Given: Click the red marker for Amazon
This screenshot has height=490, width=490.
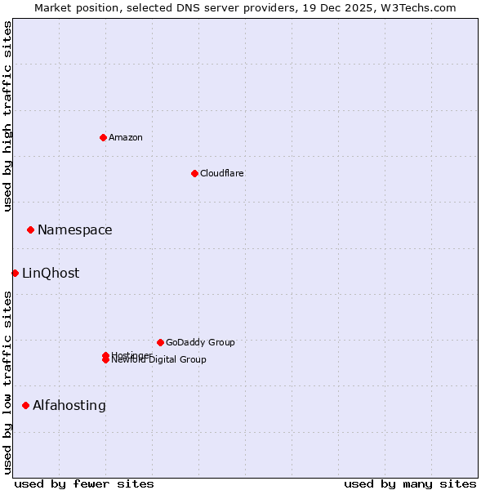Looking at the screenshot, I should (103, 137).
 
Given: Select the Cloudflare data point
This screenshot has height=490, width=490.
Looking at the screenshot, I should (194, 173).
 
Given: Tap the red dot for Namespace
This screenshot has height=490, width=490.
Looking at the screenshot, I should (30, 229).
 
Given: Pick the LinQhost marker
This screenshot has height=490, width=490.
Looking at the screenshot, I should (15, 273).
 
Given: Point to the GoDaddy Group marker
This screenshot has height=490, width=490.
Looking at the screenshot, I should (160, 342).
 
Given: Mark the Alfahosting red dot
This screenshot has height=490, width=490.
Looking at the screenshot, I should (25, 405).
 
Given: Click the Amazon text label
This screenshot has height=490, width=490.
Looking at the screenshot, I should (126, 137).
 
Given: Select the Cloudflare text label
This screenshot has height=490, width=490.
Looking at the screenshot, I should (221, 173).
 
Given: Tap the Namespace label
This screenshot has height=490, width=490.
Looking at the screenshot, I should (75, 230).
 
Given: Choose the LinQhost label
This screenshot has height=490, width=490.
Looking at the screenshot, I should (51, 274).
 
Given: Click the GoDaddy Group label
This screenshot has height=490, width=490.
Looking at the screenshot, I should (200, 342).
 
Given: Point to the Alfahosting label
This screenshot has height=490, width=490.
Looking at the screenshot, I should (69, 406).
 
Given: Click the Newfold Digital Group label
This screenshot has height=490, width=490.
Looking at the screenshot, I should (160, 360).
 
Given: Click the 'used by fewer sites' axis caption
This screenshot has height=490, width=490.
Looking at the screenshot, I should (84, 483).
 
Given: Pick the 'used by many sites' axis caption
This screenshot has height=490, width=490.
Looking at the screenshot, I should (410, 483).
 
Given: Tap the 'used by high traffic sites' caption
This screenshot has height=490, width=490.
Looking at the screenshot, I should (7, 116).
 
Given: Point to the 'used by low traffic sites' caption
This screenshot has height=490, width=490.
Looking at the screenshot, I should (7, 382).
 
